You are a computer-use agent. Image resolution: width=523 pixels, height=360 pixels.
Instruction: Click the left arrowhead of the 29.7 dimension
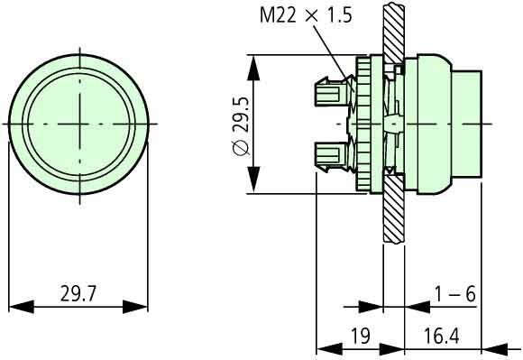[17, 307]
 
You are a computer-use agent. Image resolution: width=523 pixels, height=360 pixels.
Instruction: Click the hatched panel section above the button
[390, 27]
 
